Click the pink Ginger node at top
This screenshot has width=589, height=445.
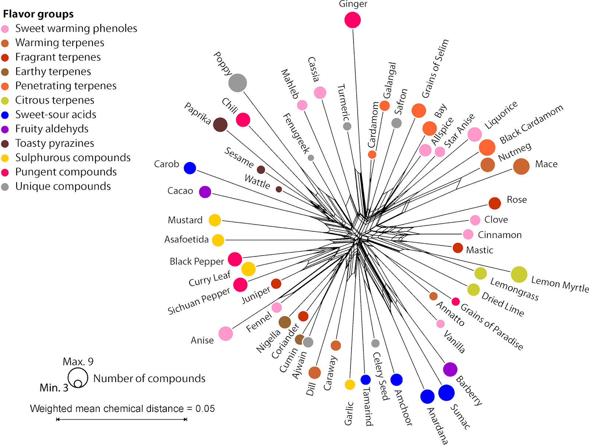pos(352,20)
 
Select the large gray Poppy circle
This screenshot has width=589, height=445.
pos(237,83)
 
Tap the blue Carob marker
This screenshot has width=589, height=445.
pos(190,168)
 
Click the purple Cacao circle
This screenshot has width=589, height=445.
pos(205,192)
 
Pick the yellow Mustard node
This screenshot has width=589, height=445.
pos(215,220)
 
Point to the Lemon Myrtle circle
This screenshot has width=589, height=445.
pos(519,274)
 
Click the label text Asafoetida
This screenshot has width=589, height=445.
pos(186,239)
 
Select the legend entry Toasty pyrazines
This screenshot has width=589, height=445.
pos(54,143)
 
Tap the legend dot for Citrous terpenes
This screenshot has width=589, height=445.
pos(5,101)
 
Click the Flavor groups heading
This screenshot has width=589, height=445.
pos(38,14)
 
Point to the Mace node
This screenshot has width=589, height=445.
pos(521,167)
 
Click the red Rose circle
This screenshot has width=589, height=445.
pos(495,203)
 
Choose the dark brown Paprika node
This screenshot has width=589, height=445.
pos(220,125)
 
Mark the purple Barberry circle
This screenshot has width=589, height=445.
pos(450,369)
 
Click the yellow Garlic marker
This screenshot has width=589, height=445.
pos(350,385)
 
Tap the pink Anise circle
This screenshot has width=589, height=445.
pos(226,333)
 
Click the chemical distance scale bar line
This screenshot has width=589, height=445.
pos(121,419)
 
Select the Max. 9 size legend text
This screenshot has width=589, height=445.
pos(78,361)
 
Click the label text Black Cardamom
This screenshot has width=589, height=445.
pos(531,124)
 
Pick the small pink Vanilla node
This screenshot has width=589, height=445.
pos(440,324)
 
